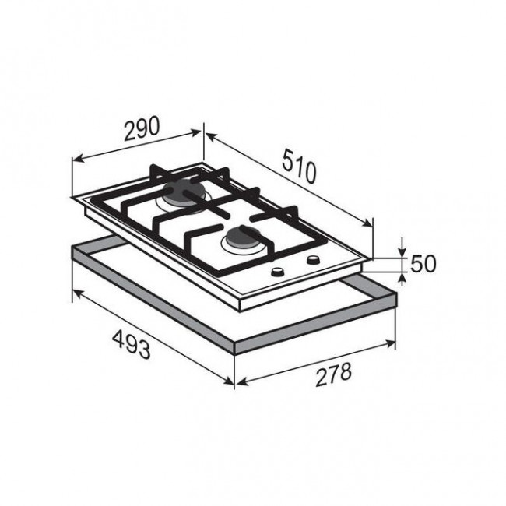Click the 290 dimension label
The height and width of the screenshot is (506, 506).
click(142, 128)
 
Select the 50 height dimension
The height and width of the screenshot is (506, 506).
click(423, 264)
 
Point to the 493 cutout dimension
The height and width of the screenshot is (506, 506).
click(132, 344)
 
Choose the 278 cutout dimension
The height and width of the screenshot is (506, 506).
click(333, 374)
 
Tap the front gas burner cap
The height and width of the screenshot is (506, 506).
click(242, 237)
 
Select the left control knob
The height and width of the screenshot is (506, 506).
click(278, 272)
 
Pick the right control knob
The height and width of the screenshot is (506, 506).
click(313, 260)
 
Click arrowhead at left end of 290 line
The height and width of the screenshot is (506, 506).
click(78, 159)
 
